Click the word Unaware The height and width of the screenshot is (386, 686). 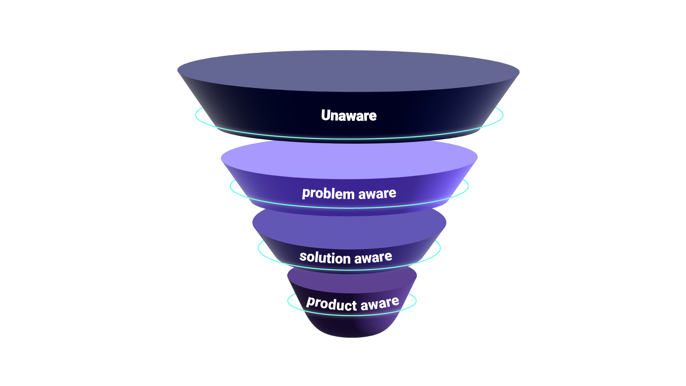348,115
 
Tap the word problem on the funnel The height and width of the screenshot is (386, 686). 328,193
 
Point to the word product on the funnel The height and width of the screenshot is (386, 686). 331,303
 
